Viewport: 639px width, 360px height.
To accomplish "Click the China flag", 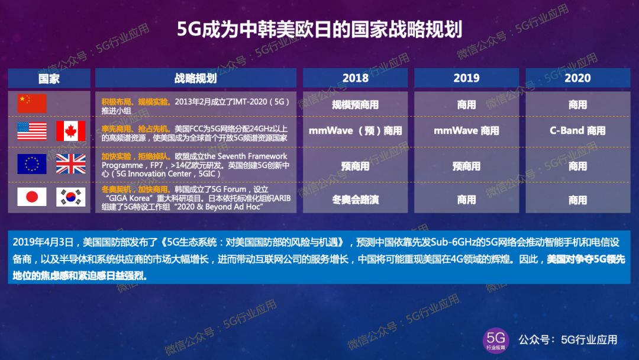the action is pos(32,103).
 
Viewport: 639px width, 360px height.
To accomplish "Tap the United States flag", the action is pos(32,131).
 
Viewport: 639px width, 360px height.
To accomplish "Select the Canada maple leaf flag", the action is pos(71,131).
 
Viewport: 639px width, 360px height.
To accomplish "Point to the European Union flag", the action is pos(32,164).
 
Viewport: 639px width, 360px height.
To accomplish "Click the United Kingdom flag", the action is pos(71,164).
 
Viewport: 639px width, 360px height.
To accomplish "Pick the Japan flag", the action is pos(32,197).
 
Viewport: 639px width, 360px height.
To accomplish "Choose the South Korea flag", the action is pos(71,197).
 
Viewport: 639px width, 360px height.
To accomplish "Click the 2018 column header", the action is pos(356,78).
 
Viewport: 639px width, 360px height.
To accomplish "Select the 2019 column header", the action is pos(467,78).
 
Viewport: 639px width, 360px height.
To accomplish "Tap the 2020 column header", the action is pos(578,78).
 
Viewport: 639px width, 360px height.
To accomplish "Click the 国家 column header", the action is pos(49,78).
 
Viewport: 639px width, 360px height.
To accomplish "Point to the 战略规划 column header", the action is pos(196,78).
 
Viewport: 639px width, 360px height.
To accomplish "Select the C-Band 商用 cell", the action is pos(577,131).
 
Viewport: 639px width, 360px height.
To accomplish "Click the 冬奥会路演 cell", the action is pos(356,200).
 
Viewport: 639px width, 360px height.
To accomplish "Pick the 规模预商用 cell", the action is pos(356,105).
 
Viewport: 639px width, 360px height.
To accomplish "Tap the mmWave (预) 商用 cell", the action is pos(356,131).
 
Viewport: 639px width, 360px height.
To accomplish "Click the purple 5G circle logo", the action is pos(496,340).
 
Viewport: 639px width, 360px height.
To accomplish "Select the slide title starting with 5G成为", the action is pos(320,29).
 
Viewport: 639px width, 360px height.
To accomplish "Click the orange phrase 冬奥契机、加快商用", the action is pos(135,189).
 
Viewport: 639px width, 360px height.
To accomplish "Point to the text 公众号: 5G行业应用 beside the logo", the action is pos(567,340).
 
